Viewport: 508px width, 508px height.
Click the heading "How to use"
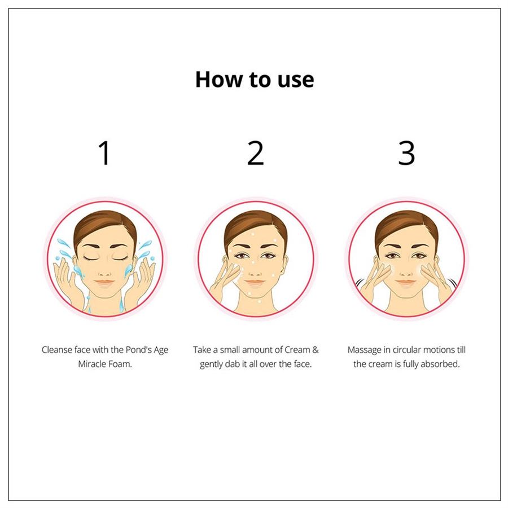255,80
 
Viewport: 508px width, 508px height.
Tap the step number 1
104,153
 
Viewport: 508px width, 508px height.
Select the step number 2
255,153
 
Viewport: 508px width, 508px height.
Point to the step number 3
406,153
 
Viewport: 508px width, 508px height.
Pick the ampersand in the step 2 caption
316,350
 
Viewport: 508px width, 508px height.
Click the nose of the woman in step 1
104,272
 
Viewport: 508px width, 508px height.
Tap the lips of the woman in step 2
255,283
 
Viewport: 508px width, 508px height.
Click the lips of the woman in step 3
406,283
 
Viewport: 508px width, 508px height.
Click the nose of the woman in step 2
255,271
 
